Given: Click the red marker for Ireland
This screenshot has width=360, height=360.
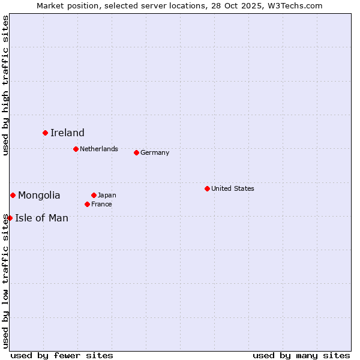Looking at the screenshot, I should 45,133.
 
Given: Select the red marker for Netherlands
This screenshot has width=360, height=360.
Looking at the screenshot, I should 76,149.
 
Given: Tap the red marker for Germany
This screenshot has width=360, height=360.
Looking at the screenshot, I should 136,152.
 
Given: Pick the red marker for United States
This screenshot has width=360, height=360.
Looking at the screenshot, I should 207,188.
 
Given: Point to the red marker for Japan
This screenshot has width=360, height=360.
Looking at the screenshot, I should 94,195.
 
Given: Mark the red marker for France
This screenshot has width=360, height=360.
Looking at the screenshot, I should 87,204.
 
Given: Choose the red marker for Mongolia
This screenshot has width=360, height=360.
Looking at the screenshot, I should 13,195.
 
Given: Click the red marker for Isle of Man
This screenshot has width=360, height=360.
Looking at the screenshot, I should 10,218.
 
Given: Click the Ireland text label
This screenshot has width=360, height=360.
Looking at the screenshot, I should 67,133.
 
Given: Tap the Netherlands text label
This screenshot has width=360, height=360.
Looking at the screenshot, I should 99,149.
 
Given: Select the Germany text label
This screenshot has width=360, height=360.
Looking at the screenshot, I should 155,152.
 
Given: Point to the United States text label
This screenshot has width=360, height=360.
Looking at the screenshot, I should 233,188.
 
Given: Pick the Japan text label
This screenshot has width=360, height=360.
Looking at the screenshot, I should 107,195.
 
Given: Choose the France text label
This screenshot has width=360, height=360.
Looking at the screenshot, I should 101,204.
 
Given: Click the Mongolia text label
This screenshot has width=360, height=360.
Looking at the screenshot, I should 39,196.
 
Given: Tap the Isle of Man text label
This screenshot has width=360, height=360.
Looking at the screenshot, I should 41,218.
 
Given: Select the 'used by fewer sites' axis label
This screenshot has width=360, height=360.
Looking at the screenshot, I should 62,355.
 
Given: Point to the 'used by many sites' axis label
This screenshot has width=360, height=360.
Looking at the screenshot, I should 301,355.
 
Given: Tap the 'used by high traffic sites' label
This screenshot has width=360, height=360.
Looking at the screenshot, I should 5,85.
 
